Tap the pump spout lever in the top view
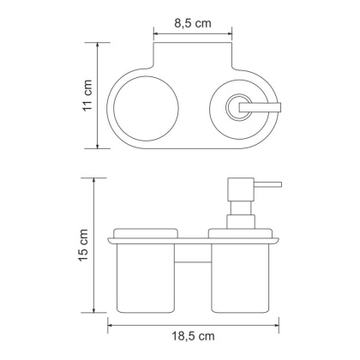(257, 106)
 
